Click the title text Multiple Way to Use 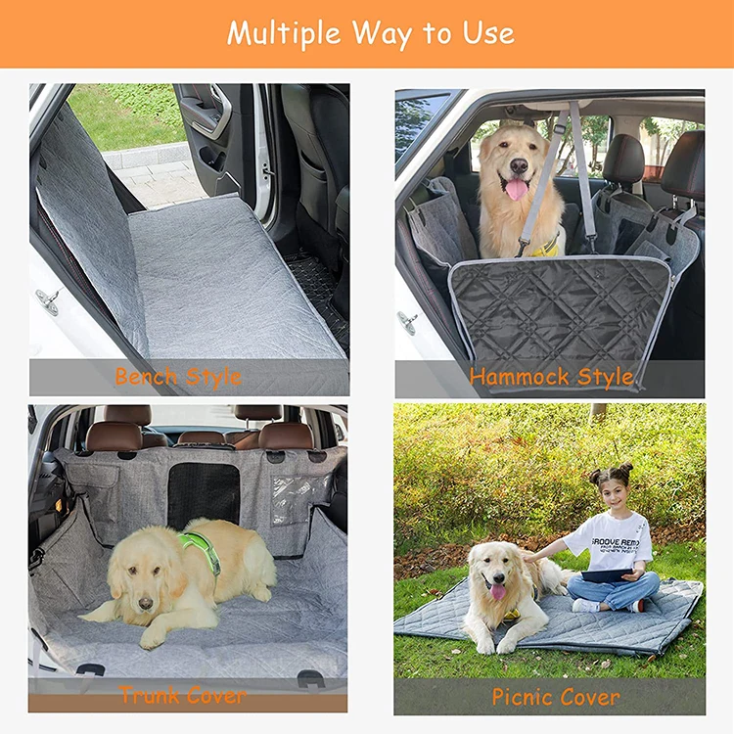pyautogui.click(x=370, y=32)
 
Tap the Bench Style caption pyautogui.click(x=178, y=376)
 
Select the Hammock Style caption pyautogui.click(x=551, y=376)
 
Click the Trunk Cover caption pyautogui.click(x=182, y=696)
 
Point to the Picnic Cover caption pyautogui.click(x=555, y=697)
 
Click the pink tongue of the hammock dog pyautogui.click(x=516, y=189)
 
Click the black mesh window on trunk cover pyautogui.click(x=203, y=494)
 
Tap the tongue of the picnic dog pyautogui.click(x=498, y=592)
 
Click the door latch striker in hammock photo pyautogui.click(x=406, y=320)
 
